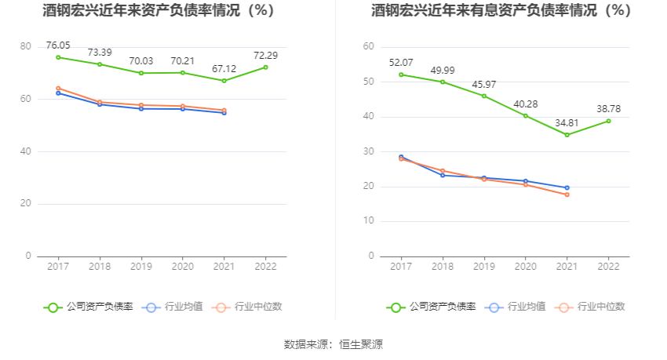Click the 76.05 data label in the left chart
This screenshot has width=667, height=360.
point(58,45)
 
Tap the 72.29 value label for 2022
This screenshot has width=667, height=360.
point(265,56)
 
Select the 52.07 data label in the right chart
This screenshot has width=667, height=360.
point(401,63)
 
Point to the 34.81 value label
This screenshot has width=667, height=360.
point(567,123)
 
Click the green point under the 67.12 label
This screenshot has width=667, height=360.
point(224,81)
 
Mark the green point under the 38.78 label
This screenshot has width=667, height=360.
point(608,121)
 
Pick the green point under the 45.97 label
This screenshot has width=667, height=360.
point(484,96)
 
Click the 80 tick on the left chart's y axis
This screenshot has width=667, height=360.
point(25,47)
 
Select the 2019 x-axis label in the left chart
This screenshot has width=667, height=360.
point(141,267)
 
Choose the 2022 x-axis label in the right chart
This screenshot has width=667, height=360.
point(608,267)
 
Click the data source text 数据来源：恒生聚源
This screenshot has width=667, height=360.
point(333,344)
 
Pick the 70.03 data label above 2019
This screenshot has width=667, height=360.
point(141,61)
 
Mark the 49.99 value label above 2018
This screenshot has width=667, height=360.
point(443,71)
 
